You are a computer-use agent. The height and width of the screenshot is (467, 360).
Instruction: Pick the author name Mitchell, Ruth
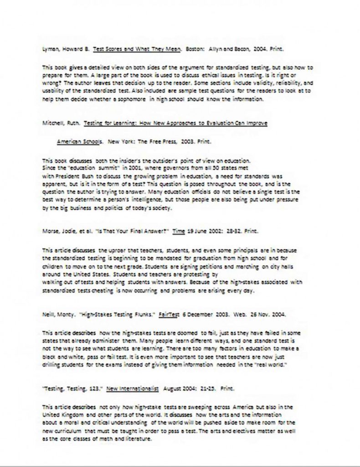[x=60, y=123]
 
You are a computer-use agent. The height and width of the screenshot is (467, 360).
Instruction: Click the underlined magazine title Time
[x=179, y=231]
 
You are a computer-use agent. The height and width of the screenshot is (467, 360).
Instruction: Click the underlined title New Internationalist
[x=133, y=389]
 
